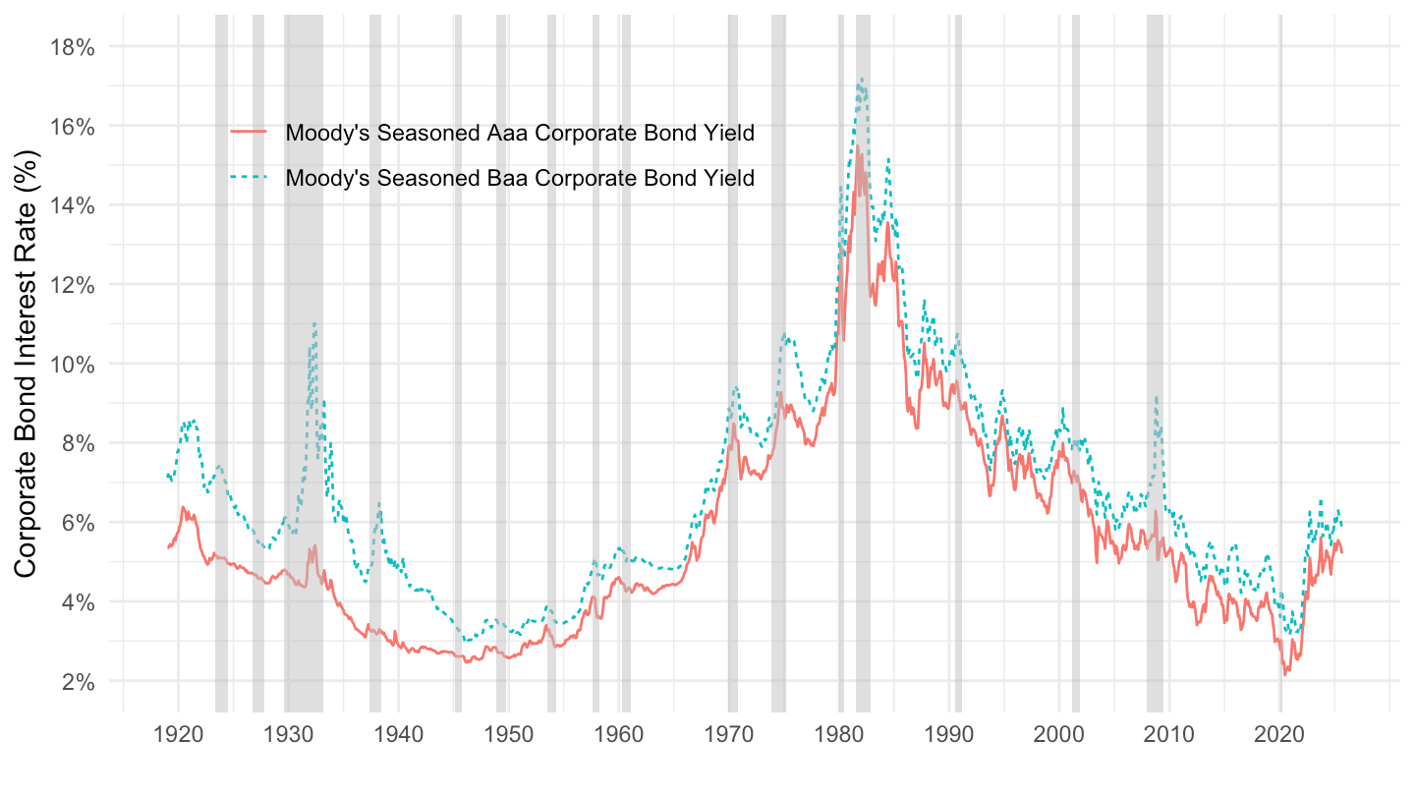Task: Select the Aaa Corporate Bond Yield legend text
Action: [520, 133]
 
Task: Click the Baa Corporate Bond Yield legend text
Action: [520, 179]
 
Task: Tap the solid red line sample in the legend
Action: [248, 133]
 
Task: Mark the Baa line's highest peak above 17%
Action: [862, 79]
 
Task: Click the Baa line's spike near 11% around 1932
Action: [314, 323]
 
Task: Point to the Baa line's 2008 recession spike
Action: [1157, 397]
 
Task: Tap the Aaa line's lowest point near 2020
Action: [1284, 675]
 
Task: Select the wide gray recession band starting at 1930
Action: [304, 393]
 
